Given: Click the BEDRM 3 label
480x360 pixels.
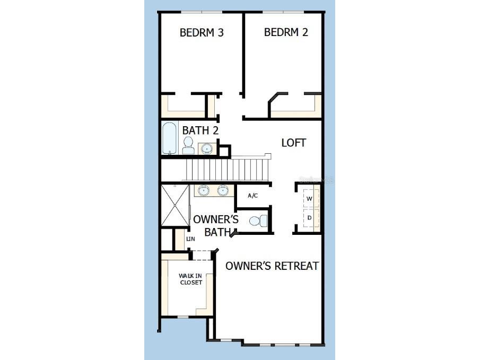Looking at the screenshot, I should (202, 32).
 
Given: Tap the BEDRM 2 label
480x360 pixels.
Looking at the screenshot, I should (286, 32).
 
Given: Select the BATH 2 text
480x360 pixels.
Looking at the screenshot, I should (200, 130).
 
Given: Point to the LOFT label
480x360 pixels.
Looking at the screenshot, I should (294, 143).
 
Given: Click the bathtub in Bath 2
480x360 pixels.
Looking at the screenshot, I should (170, 138).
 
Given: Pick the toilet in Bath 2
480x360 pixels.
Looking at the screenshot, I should (188, 145).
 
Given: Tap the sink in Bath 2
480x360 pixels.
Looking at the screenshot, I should (206, 148).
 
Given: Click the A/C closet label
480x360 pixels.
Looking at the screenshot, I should (252, 196).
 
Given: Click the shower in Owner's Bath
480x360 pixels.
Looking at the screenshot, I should (174, 206).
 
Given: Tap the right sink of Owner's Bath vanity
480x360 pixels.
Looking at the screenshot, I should (223, 190).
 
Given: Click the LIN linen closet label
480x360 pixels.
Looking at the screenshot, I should (190, 239).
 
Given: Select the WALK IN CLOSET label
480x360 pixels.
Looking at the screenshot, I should (190, 279).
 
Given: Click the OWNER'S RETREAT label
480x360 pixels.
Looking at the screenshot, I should (272, 266).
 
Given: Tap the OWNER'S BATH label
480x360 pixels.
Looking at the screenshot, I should (215, 225).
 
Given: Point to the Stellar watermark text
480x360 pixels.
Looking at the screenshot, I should (316, 180).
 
